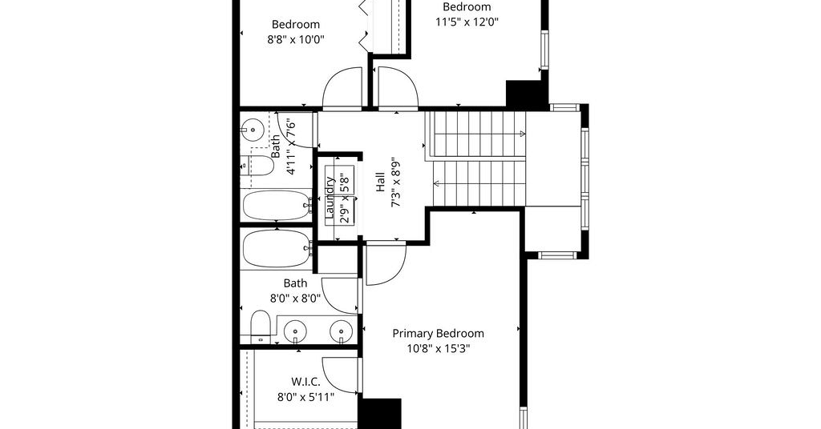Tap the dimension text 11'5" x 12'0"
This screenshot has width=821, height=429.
coord(467,22)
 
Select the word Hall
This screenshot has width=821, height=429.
coord(381,183)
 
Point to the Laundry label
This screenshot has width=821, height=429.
coord(330,197)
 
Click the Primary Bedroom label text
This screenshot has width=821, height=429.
coord(439,334)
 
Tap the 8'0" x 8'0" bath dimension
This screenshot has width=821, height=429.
coord(295,299)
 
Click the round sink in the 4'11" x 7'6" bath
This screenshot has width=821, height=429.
coord(253,129)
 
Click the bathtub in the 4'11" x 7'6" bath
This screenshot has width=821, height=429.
coord(277,205)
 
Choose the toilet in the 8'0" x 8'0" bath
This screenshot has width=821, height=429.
coord(261,327)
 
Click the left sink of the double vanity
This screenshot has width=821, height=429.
coord(296,331)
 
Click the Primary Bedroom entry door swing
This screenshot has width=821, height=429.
coord(386,263)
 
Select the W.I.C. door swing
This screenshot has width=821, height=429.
coord(340,375)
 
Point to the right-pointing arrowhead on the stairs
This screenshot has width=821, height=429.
coord(523,134)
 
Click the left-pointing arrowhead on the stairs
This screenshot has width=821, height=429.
coord(436,183)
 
